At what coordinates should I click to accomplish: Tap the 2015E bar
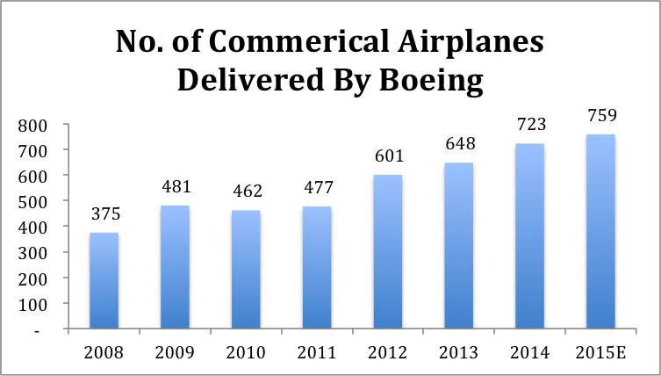[600, 232]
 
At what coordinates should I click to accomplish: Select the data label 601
[387, 157]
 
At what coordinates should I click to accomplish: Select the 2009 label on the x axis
[174, 353]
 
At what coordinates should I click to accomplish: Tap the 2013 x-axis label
[458, 353]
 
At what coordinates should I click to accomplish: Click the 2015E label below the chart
[600, 353]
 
